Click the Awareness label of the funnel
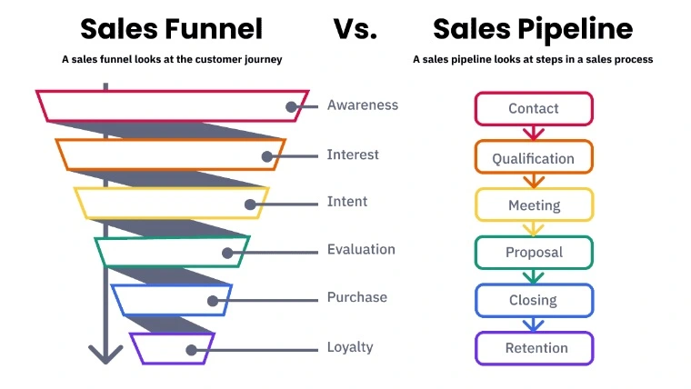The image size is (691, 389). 362,105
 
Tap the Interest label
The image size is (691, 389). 353,155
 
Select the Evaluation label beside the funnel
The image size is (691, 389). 361,249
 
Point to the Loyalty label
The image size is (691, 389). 350,346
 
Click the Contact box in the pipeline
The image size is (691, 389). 534,108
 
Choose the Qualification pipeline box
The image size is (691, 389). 534,157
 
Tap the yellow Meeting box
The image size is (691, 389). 534,204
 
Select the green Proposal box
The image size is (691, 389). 534,253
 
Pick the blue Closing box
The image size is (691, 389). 534,301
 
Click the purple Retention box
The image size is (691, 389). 534,348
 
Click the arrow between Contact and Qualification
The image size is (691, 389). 534,133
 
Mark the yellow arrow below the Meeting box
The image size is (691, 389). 534,229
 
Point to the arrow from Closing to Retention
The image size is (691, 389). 533,324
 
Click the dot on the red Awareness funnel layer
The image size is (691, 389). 291,106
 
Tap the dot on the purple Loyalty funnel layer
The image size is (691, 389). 191,350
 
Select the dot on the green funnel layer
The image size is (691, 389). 227,253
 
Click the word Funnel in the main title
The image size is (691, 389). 214,29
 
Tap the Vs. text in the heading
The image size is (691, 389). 356,29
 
